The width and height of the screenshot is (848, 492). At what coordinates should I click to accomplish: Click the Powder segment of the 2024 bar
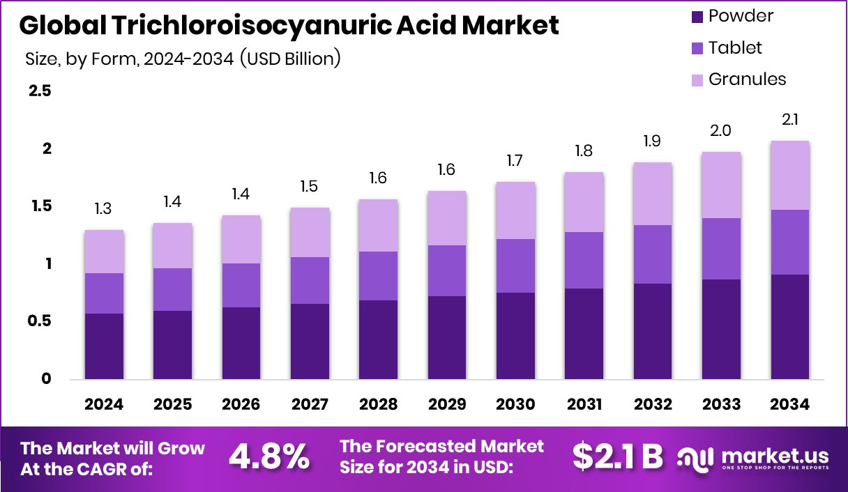(x=104, y=346)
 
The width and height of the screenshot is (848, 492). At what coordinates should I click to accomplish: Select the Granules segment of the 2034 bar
(x=789, y=175)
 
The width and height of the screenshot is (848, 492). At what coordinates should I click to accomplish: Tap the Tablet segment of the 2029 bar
(x=446, y=270)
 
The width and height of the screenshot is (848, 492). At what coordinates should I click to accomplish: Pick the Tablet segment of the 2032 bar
(x=652, y=254)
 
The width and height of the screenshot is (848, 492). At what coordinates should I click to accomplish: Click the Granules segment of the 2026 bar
(x=241, y=239)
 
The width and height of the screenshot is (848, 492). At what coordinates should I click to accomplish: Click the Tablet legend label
(x=735, y=47)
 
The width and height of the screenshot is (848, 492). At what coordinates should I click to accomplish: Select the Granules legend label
(x=747, y=79)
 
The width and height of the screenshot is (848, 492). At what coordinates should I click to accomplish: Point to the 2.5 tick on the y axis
(x=39, y=91)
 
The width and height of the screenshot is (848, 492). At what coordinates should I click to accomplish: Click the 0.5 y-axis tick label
(x=39, y=321)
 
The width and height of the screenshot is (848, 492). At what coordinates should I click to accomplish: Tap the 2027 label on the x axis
(x=310, y=404)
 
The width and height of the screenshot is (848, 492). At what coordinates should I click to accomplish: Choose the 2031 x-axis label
(x=584, y=404)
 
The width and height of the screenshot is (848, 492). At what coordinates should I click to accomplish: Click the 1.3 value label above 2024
(x=104, y=208)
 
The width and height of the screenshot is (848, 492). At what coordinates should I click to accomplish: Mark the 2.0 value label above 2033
(x=721, y=131)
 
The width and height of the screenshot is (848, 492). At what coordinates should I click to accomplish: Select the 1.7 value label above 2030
(x=515, y=161)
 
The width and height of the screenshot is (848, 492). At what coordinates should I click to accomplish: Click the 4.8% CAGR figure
(x=269, y=456)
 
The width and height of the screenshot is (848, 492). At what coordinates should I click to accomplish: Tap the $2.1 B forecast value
(x=617, y=456)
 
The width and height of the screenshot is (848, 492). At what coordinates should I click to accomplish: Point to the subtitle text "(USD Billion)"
(x=290, y=59)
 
